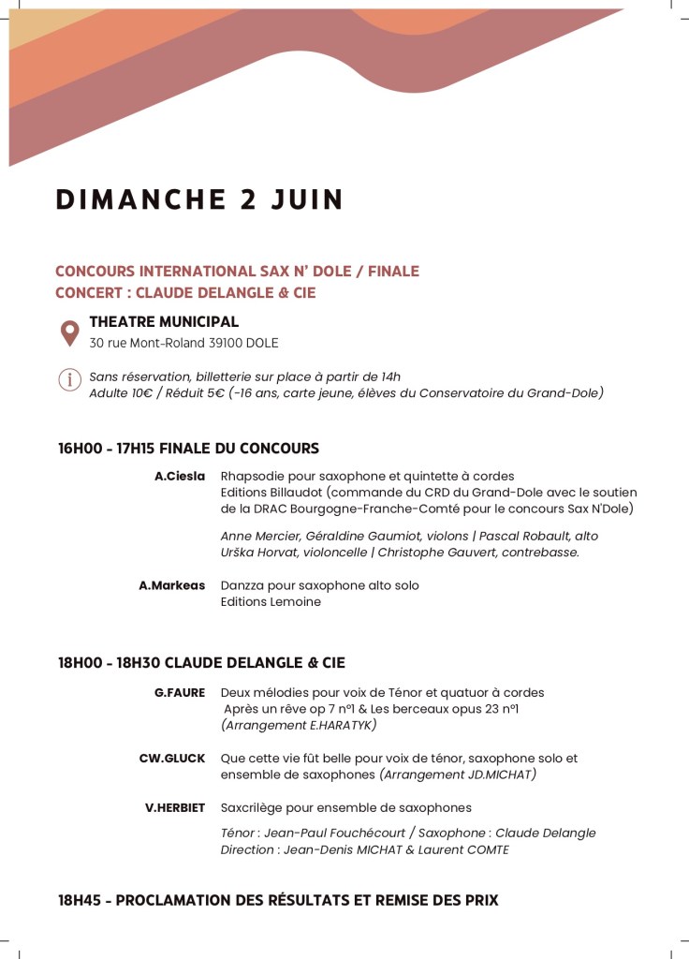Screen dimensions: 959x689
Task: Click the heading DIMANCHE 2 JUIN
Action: pyautogui.click(x=199, y=200)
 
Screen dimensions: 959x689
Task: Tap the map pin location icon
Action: pyautogui.click(x=70, y=332)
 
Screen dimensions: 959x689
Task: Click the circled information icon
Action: pyautogui.click(x=69, y=379)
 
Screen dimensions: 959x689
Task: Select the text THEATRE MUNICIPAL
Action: pyautogui.click(x=164, y=322)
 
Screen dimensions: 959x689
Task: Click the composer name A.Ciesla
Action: pyautogui.click(x=180, y=477)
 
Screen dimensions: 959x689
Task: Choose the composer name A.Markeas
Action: pyautogui.click(x=171, y=585)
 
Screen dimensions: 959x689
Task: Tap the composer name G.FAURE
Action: pyautogui.click(x=180, y=693)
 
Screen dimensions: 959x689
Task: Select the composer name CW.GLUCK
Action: pyautogui.click(x=171, y=759)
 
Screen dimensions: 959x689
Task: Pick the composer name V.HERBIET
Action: pyautogui.click(x=175, y=807)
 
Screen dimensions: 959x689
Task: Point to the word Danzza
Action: pyautogui.click(x=242, y=585)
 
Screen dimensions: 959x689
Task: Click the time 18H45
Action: pyautogui.click(x=79, y=901)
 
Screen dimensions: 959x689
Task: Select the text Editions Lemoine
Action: pyautogui.click(x=271, y=602)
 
